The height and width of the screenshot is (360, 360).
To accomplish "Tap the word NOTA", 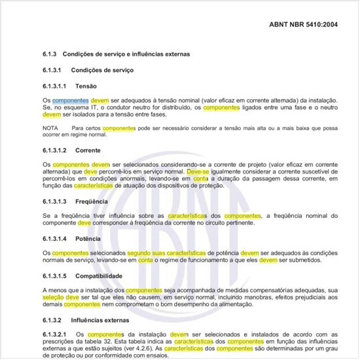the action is click(x=50, y=128).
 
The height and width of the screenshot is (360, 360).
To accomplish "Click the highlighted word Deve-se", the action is click(x=198, y=171).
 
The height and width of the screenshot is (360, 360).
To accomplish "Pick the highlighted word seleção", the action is click(x=54, y=297).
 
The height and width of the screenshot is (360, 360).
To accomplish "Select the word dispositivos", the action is click(x=179, y=186).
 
